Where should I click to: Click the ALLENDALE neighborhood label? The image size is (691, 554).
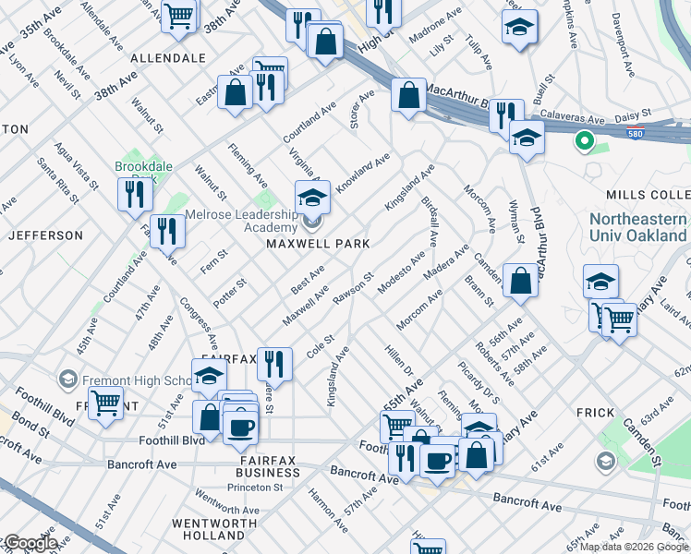click(168, 57)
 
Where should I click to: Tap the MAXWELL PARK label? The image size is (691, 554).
click(318, 244)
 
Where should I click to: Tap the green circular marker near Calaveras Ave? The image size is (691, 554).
click(583, 142)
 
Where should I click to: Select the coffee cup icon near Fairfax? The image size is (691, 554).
click(241, 426)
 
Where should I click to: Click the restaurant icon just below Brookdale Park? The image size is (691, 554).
click(136, 194)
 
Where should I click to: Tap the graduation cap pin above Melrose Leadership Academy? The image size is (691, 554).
click(312, 197)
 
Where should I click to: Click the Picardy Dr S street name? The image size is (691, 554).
click(479, 382)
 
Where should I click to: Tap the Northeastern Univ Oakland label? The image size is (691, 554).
click(637, 226)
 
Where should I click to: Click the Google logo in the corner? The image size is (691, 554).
click(30, 544)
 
